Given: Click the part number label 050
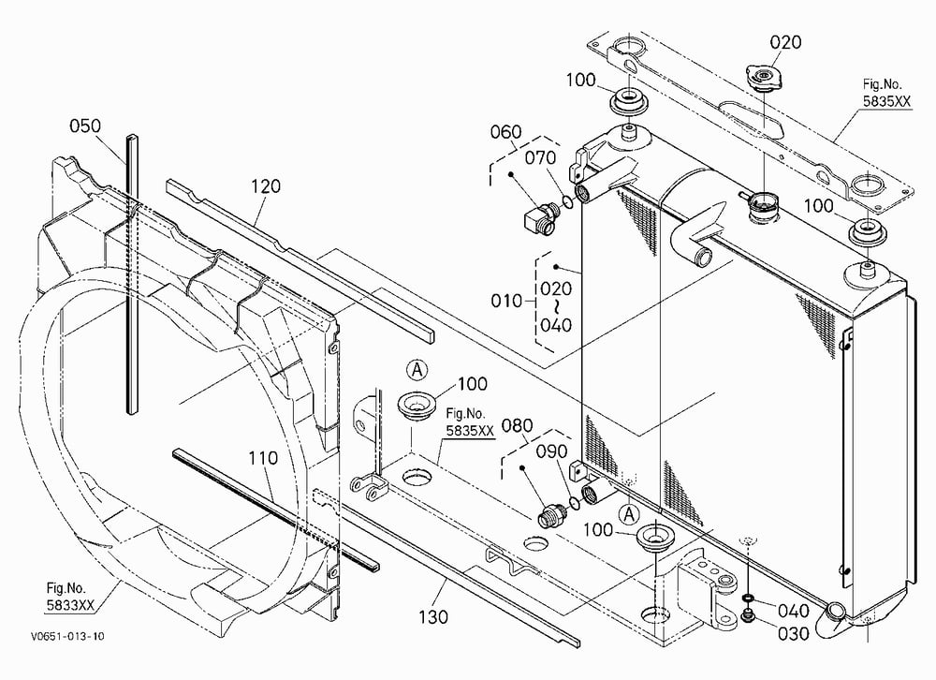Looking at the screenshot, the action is coord(85,126).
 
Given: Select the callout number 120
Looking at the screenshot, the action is coord(265,186).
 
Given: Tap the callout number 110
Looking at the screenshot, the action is coord(263,458).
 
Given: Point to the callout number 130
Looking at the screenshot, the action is coord(432,616).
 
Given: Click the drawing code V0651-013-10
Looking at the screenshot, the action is coord(67,636).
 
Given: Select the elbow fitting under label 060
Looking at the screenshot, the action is coord(542,218).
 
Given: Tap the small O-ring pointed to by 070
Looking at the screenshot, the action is coord(568,202).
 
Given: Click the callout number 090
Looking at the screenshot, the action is coord(551,451).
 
